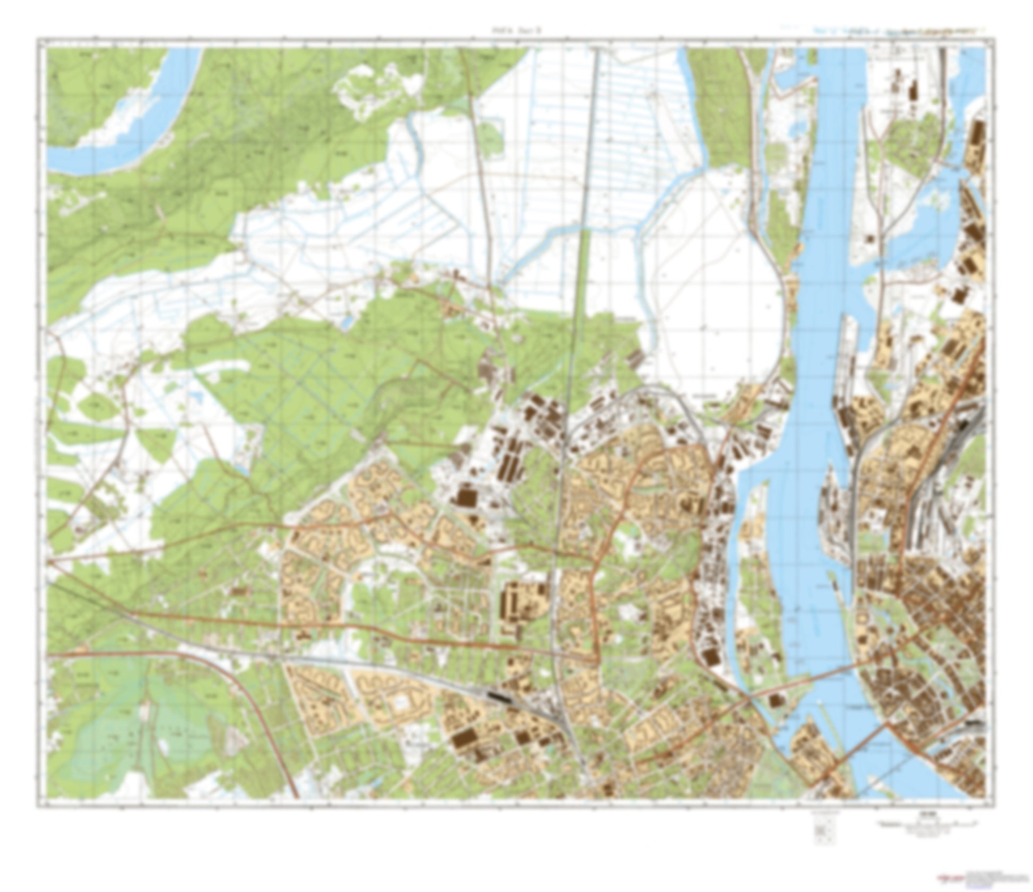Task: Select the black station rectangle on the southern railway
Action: tap(499, 696)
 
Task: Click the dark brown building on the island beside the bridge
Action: tap(775, 701)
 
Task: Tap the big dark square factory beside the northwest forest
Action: tap(466, 498)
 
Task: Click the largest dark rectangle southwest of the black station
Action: tap(463, 738)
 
